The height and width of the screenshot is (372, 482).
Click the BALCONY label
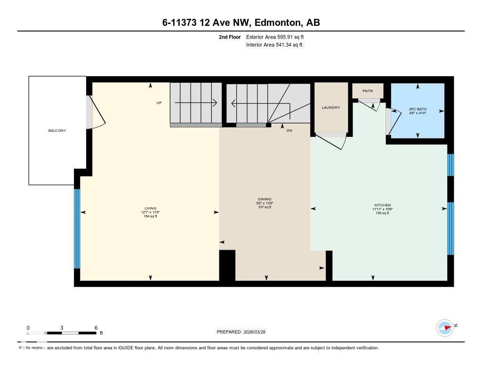[x=57, y=130]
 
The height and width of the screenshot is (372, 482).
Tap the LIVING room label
[x=150, y=208]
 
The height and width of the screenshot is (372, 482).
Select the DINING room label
[x=265, y=199]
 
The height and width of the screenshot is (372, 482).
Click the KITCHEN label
[x=382, y=205]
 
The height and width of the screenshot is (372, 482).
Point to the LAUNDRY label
[x=330, y=108]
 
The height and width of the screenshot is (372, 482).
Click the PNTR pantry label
[x=368, y=91]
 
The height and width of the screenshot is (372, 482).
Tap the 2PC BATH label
[x=418, y=109]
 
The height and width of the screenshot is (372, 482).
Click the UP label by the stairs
[x=159, y=103]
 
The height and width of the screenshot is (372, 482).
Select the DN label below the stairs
[x=289, y=130]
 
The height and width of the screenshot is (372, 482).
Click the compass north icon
[x=445, y=327]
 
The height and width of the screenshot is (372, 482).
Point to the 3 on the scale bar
[x=62, y=328]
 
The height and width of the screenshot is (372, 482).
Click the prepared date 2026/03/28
[x=257, y=332]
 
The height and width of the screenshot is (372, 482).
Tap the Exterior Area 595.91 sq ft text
[x=278, y=37]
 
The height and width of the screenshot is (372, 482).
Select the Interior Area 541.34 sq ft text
[x=274, y=45]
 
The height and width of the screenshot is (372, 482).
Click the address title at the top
[x=241, y=23]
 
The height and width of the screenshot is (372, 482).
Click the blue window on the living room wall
[x=77, y=229]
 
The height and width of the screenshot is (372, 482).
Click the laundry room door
[x=330, y=140]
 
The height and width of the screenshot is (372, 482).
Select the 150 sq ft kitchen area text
[x=382, y=213]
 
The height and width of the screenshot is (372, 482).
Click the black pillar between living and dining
[x=227, y=265]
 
